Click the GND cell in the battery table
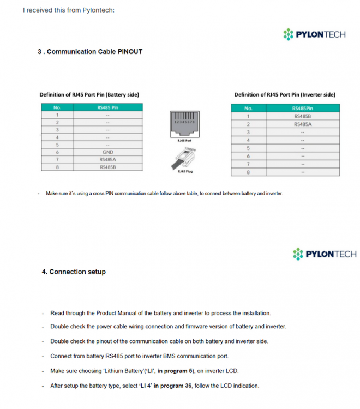[x=107, y=152]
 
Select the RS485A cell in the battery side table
[x=107, y=159]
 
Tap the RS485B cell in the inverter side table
[x=302, y=116]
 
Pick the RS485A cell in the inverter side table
[x=302, y=124]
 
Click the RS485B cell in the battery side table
[x=107, y=167]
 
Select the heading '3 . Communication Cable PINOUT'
[x=90, y=52]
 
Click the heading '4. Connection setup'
[x=74, y=272]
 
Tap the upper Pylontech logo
[x=314, y=34]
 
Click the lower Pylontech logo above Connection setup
[x=324, y=254]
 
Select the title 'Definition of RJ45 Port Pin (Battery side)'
[x=89, y=94]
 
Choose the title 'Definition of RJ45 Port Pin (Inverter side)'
[x=285, y=94]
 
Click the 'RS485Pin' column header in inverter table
[x=302, y=108]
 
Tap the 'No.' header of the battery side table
[x=57, y=107]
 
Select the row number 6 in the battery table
[x=57, y=152]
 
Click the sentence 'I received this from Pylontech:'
[x=69, y=10]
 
